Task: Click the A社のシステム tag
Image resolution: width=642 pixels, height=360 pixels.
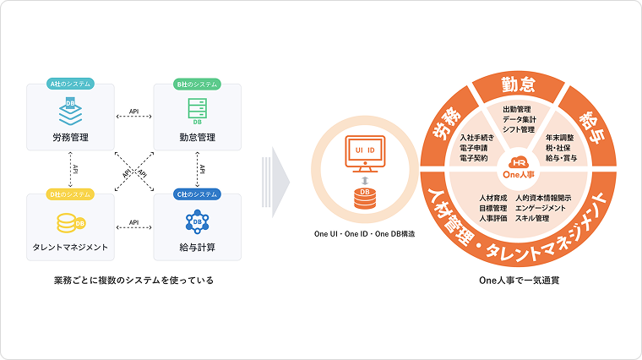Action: click(70, 84)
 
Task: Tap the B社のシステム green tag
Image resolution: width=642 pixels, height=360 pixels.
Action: click(197, 84)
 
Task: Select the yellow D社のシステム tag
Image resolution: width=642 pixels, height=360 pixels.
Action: click(70, 194)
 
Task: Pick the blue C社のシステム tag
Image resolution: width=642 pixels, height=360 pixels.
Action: click(197, 194)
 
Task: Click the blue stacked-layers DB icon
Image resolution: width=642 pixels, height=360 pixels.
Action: click(70, 111)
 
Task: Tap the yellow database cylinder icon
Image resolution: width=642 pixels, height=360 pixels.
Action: click(70, 223)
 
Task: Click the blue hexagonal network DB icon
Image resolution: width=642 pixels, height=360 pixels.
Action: click(197, 221)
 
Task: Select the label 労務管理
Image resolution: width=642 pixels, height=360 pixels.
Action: click(70, 138)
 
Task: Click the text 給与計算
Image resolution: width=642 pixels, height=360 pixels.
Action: click(197, 248)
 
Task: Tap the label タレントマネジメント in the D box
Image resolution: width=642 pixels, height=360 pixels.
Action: click(70, 248)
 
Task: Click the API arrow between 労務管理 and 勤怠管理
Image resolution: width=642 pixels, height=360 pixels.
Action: click(133, 117)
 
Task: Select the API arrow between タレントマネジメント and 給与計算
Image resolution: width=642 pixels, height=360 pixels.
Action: click(133, 227)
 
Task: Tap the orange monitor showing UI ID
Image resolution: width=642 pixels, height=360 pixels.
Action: click(365, 154)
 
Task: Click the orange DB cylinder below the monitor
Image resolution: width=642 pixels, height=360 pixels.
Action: click(364, 199)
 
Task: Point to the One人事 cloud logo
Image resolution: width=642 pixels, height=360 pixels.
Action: click(519, 167)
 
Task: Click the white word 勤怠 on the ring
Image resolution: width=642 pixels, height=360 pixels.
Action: click(519, 85)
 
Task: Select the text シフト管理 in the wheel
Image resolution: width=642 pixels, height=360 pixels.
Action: click(519, 129)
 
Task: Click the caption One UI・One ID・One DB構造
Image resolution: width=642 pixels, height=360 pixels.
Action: click(364, 234)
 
